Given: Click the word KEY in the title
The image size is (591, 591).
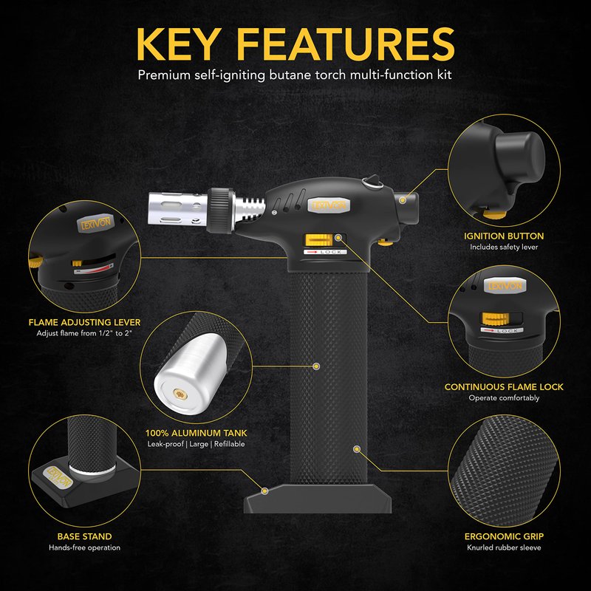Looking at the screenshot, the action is tap(177, 44).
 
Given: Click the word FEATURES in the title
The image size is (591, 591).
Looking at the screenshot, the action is tap(346, 44).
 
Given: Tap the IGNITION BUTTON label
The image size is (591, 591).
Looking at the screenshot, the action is tap(504, 236).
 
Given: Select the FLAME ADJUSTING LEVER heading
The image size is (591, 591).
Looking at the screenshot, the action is tap(84, 322).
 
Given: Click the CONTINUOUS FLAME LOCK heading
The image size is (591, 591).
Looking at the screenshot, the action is tap(504, 386).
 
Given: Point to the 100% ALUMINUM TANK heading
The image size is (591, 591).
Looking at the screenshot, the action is tap(196, 433).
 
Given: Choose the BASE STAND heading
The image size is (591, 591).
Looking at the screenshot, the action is tap(84, 536).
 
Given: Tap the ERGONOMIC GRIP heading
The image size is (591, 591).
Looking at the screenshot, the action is tap(504, 536).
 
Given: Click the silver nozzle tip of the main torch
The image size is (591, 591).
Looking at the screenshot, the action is tap(178, 209).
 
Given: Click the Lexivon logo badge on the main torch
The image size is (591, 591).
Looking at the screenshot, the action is tap(329, 205).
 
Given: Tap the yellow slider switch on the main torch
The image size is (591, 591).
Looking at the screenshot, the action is tap(318, 240).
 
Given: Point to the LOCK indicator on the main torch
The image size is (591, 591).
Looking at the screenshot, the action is tap(325, 252).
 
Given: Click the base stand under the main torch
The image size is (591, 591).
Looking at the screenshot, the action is tap(318, 498).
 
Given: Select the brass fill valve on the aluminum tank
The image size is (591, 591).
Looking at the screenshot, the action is tap(180, 394).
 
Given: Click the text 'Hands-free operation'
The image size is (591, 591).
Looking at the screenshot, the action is tap(84, 547).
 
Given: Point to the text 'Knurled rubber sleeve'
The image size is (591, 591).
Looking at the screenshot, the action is tap(504, 547).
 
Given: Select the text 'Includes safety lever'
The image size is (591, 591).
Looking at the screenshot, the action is tap(504, 247).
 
